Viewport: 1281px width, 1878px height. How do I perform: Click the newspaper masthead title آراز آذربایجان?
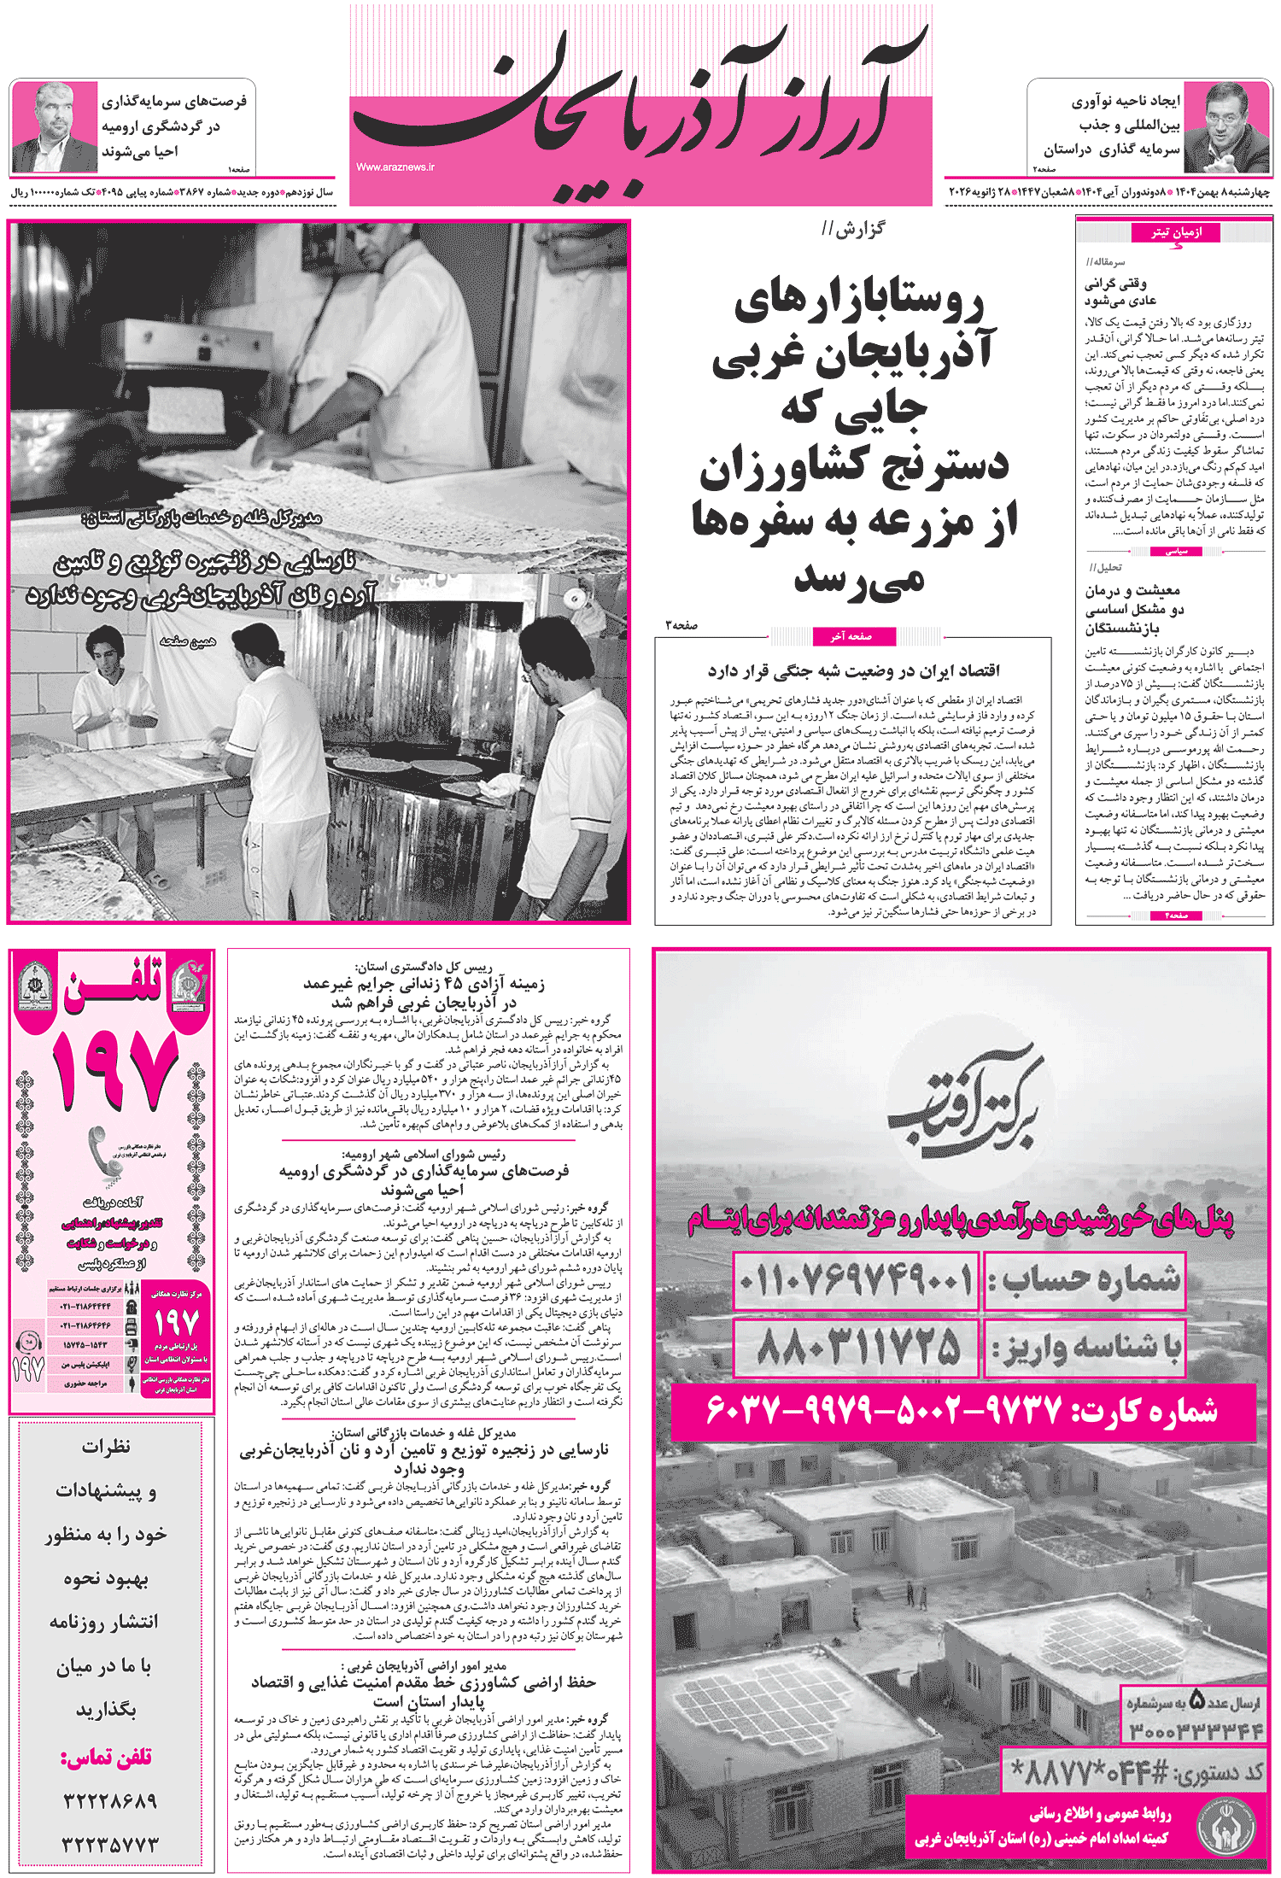[x=640, y=102]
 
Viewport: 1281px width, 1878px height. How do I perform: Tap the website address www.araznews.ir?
[x=395, y=167]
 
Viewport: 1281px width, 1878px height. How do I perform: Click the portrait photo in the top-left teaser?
[x=53, y=127]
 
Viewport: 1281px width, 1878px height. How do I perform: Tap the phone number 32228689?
[x=110, y=1801]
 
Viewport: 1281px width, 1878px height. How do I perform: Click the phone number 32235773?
[x=110, y=1844]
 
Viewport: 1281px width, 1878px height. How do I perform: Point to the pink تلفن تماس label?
[x=106, y=1757]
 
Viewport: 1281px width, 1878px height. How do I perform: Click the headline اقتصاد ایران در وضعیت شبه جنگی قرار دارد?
[x=853, y=671]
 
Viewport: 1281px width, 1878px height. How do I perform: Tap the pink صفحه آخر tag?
[x=851, y=636]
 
